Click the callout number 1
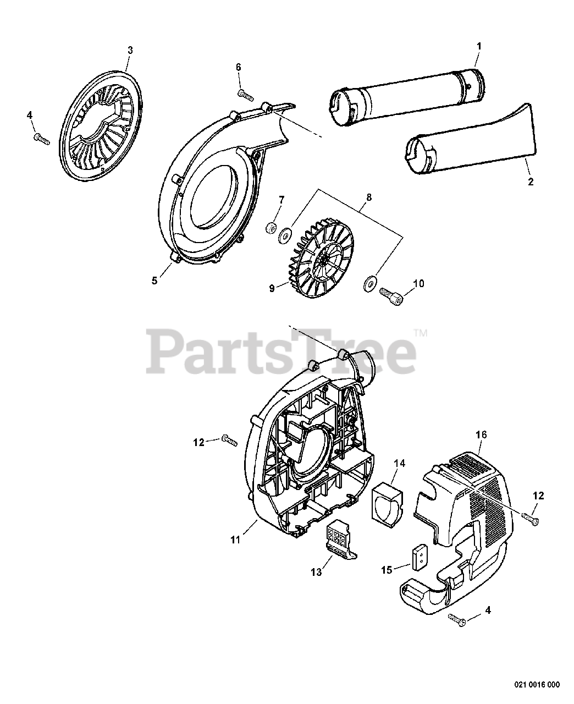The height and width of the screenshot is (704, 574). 478,47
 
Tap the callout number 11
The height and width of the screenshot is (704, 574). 235,540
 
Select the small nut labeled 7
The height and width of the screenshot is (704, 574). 271,228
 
